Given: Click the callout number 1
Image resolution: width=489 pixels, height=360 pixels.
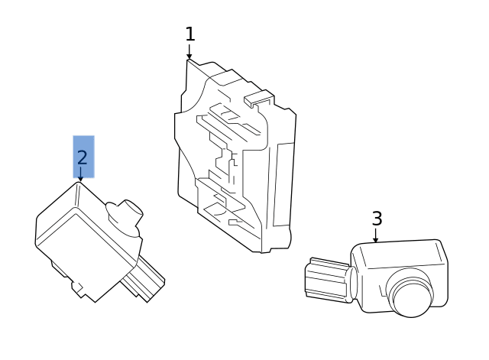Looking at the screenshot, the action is coord(190,34).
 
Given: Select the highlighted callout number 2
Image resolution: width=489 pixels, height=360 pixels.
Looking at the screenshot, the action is coord(82,157).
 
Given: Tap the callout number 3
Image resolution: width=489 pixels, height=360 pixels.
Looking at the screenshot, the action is coord(377,219).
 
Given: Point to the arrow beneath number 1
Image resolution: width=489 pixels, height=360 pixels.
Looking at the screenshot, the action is coord(189,51).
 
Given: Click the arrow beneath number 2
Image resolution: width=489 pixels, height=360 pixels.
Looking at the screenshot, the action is coord(80,174).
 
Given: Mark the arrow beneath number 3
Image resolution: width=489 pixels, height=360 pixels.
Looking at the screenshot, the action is coord(375,235).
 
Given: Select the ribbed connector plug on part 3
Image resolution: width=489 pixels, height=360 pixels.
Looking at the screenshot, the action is coord(327,280).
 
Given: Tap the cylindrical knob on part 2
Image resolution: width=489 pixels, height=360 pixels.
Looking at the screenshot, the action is coord(125,213).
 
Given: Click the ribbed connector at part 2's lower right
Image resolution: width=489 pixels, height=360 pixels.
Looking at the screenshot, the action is coord(143,278).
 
